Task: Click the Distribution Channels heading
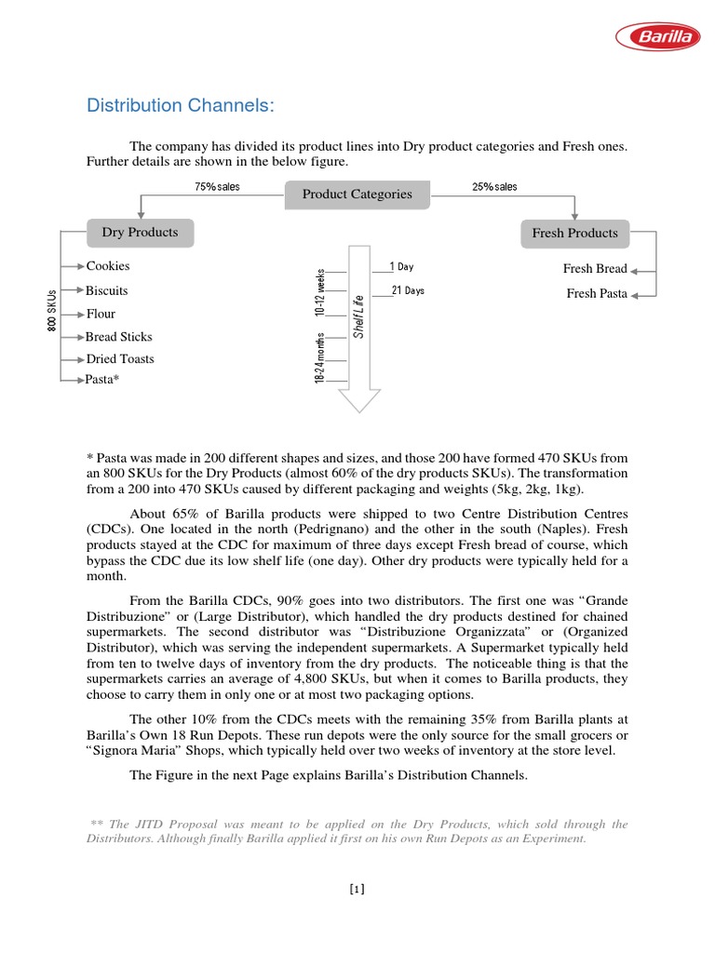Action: [181, 105]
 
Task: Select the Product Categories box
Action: [357, 194]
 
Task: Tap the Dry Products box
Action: [140, 232]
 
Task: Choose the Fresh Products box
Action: [574, 233]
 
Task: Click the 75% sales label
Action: [217, 187]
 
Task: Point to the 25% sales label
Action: [494, 187]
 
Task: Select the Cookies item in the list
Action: [108, 266]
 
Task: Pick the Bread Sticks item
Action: [119, 337]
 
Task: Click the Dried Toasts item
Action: [120, 358]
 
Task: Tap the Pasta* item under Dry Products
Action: [102, 380]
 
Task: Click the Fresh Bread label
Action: [595, 269]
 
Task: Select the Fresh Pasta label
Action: [597, 294]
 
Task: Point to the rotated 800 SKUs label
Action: [51, 310]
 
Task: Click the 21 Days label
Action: [408, 290]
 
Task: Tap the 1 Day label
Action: [401, 267]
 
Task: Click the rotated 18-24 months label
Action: [320, 357]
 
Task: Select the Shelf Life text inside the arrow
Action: [358, 316]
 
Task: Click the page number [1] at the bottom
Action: [357, 889]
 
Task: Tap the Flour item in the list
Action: [101, 314]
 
